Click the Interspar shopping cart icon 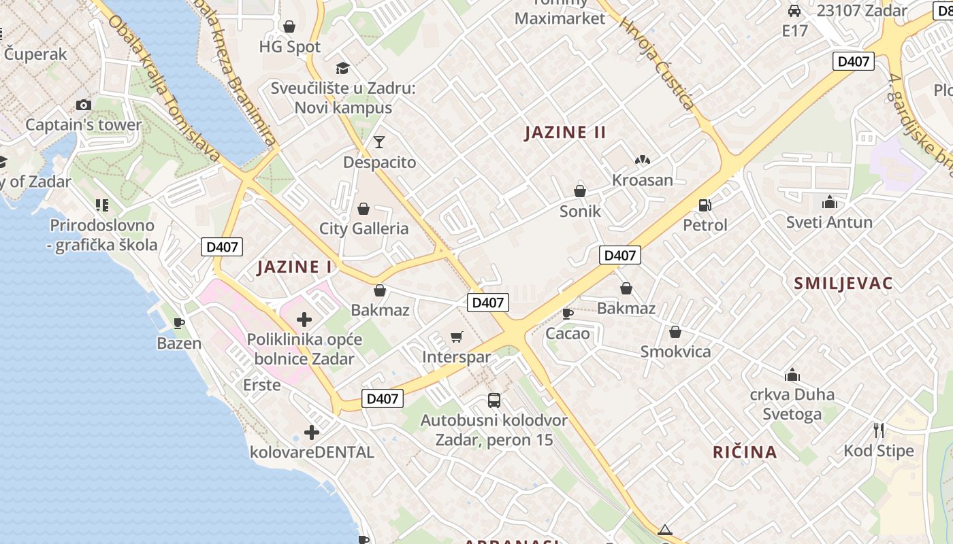point(457,337)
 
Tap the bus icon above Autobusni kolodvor point(494,400)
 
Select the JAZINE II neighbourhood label point(565,132)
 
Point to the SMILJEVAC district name point(843,284)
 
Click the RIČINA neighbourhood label point(745,452)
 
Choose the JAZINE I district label point(295,267)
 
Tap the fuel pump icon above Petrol point(705,205)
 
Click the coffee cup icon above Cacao point(567,313)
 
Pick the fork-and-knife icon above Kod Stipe point(878,430)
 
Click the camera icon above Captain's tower point(84,105)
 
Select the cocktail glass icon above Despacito point(379,142)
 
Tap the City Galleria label point(364,228)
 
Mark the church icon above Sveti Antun point(829,202)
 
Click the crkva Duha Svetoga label point(792,404)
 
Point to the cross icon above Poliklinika point(304,319)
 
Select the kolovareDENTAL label point(312,452)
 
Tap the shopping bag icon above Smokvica point(675,332)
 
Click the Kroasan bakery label point(642,180)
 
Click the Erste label point(261,385)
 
